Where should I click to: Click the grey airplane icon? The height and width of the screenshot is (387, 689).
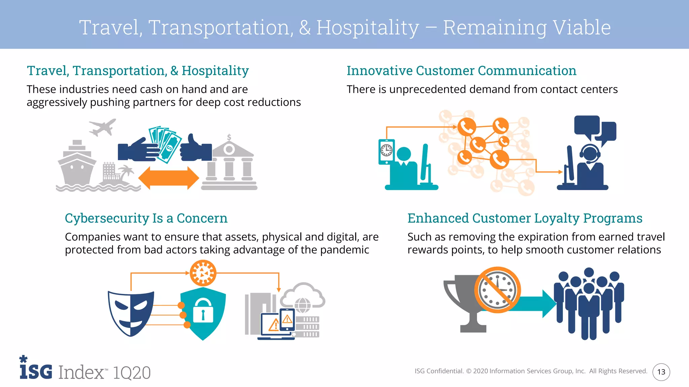(102, 127)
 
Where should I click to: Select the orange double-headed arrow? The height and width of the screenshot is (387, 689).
(169, 178)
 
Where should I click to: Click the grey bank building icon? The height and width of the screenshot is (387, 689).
(229, 165)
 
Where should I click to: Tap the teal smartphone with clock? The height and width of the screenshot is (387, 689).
(387, 152)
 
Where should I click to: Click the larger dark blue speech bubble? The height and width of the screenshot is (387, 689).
(587, 126)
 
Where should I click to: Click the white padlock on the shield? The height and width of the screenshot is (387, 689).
(203, 311)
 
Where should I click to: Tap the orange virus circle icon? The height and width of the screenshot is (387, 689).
(203, 273)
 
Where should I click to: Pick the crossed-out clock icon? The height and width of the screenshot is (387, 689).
(498, 290)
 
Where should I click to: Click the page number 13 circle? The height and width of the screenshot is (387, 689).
(661, 372)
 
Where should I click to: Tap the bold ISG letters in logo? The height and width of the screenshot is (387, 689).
(36, 371)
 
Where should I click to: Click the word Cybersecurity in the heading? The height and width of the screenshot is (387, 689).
(107, 218)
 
